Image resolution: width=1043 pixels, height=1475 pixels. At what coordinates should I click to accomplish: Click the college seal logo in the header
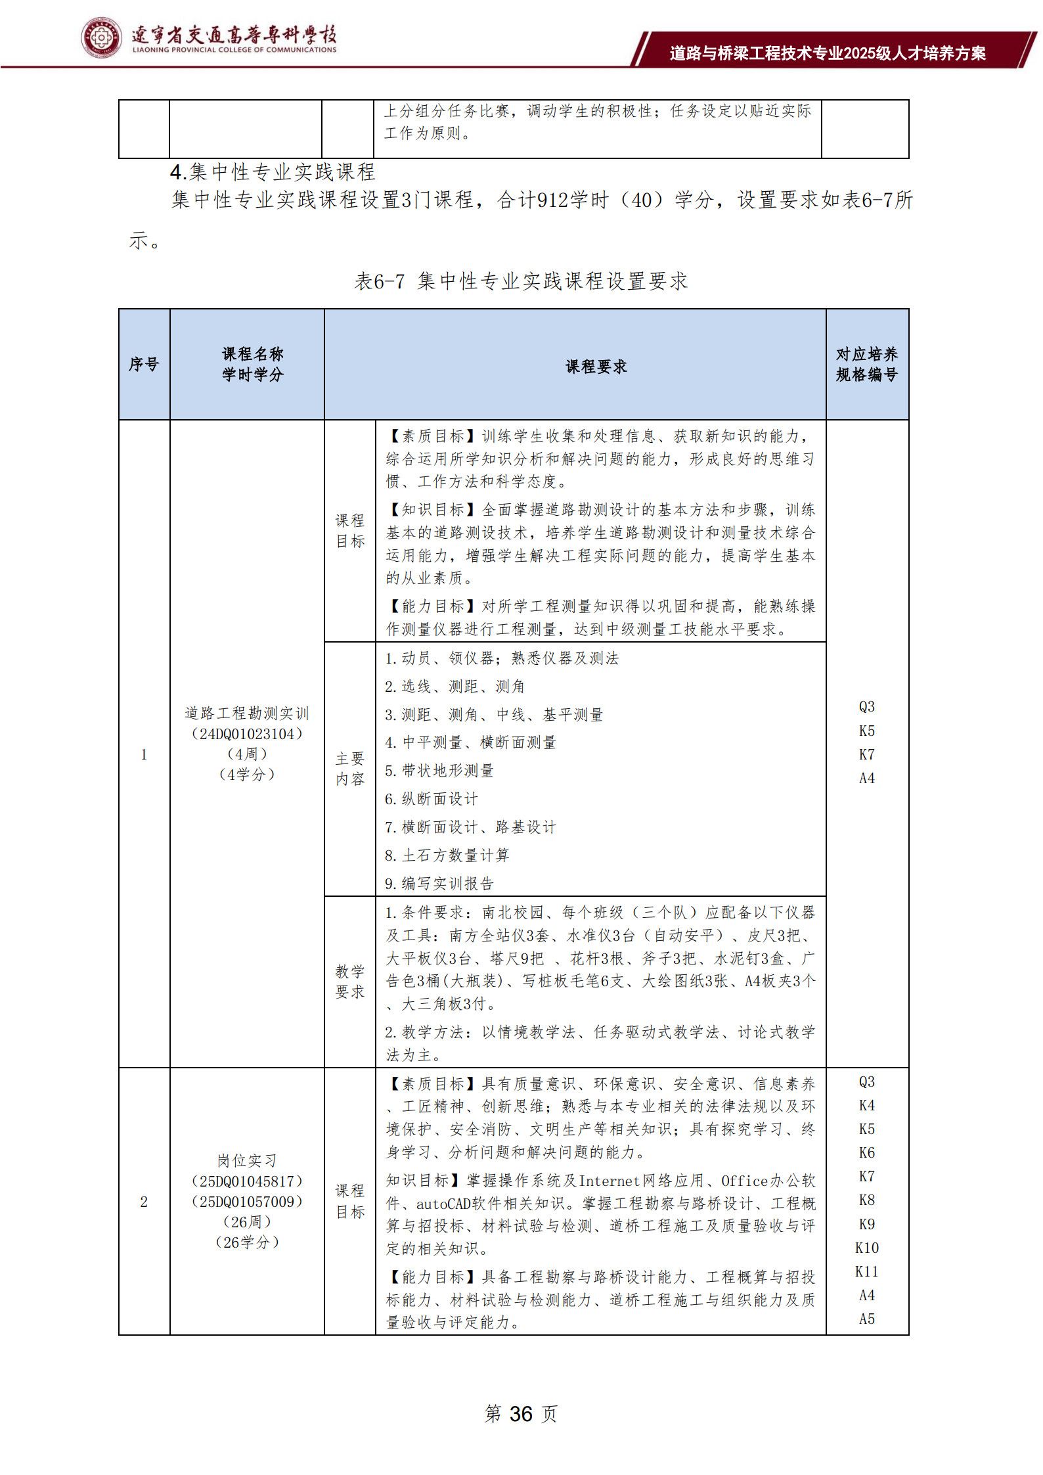click(x=101, y=38)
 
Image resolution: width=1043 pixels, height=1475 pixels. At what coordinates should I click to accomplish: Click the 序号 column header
click(x=144, y=364)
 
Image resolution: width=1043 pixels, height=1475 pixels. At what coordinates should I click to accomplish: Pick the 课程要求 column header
click(x=596, y=367)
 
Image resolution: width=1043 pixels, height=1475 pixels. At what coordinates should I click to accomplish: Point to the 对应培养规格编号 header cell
click(x=866, y=364)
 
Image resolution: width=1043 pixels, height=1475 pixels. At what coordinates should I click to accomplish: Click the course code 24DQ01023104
click(x=247, y=733)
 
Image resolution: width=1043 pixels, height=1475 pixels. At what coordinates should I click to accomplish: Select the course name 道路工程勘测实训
click(x=247, y=713)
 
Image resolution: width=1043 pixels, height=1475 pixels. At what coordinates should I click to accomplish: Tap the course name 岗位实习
click(x=247, y=1161)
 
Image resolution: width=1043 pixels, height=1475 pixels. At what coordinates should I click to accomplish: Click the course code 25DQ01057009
click(x=247, y=1202)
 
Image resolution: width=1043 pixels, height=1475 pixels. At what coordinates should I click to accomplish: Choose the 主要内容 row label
click(x=349, y=769)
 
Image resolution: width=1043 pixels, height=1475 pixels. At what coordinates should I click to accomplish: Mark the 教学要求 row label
click(x=349, y=981)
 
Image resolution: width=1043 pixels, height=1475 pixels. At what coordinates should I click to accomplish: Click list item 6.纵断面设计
click(x=432, y=799)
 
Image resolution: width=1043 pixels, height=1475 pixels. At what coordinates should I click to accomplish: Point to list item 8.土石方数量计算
click(x=447, y=855)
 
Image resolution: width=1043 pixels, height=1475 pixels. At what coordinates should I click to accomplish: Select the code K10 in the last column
click(x=866, y=1248)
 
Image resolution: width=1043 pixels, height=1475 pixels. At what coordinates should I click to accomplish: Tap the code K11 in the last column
click(x=866, y=1271)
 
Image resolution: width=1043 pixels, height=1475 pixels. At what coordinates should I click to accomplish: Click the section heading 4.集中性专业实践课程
click(x=273, y=172)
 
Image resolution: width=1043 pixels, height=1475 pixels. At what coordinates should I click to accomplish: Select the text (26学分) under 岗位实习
click(x=247, y=1242)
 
